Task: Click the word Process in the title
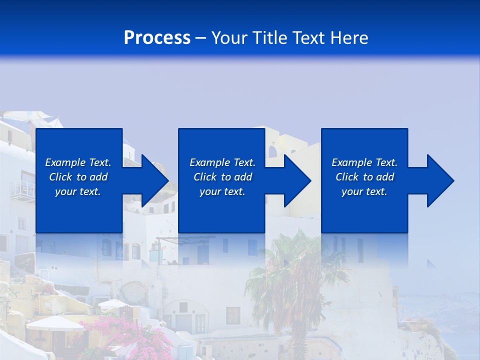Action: [x=157, y=38]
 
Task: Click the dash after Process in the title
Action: [x=200, y=38]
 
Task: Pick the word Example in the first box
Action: [x=65, y=162]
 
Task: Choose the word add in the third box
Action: [x=385, y=177]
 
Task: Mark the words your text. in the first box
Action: [x=78, y=191]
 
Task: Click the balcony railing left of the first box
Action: [x=22, y=189]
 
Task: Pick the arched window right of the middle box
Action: [x=272, y=151]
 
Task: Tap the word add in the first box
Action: [x=98, y=177]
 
